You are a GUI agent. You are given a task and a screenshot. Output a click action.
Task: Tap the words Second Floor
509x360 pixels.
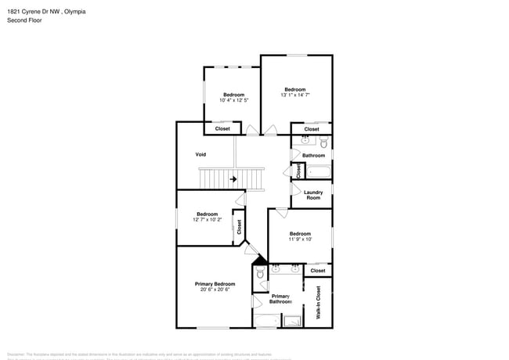pyautogui.click(x=24, y=20)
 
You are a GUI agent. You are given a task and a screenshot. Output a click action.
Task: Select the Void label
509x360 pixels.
pyautogui.click(x=200, y=154)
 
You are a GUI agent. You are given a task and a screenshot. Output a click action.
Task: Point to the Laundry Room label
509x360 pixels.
pyautogui.click(x=312, y=195)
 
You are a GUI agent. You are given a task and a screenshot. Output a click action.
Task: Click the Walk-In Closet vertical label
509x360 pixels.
pyautogui.click(x=319, y=302)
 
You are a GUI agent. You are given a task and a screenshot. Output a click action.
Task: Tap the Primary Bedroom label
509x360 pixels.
pyautogui.click(x=215, y=283)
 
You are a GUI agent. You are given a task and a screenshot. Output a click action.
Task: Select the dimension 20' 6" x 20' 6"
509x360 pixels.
pyautogui.click(x=215, y=290)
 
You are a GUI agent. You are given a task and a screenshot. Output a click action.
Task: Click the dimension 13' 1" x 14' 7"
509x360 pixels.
pyautogui.click(x=295, y=95)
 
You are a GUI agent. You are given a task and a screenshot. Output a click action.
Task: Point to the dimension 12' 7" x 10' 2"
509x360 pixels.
pyautogui.click(x=207, y=220)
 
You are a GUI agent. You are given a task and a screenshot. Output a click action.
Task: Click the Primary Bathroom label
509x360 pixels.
pyautogui.click(x=280, y=298)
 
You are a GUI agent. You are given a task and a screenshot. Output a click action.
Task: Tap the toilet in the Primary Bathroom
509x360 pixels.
pyautogui.click(x=261, y=274)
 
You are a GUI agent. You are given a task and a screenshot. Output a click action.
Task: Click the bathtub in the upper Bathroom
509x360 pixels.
pyautogui.click(x=316, y=171)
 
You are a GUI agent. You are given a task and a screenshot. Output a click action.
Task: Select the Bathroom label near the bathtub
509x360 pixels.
pyautogui.click(x=313, y=155)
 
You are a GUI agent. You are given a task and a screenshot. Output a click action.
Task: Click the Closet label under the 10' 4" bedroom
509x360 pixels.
pyautogui.click(x=222, y=128)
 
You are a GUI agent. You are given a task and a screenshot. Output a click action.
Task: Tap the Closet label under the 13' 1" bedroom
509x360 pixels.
pyautogui.click(x=312, y=129)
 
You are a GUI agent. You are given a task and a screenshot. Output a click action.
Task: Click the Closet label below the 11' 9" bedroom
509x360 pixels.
pyautogui.click(x=317, y=271)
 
